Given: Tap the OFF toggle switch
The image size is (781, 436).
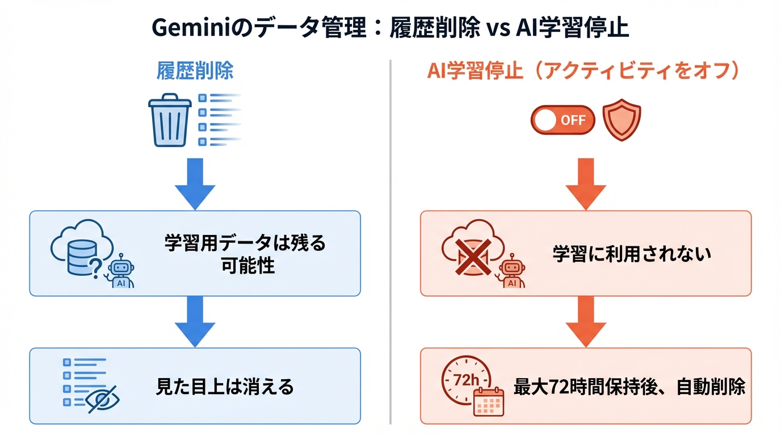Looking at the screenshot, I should [562, 120].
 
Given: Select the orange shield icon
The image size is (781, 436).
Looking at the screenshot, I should [621, 120].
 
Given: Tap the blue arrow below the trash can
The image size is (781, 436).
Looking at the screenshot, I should [195, 182].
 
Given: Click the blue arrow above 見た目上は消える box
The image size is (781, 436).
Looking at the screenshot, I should [195, 320].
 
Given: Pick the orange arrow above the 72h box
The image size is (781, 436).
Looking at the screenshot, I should [585, 320].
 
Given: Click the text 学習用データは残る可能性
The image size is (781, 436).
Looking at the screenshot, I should [245, 254].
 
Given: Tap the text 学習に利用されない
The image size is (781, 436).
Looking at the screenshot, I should [632, 254].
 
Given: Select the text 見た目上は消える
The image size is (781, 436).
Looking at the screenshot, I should [225, 387].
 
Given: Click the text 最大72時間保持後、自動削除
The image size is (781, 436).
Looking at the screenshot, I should [629, 387].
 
